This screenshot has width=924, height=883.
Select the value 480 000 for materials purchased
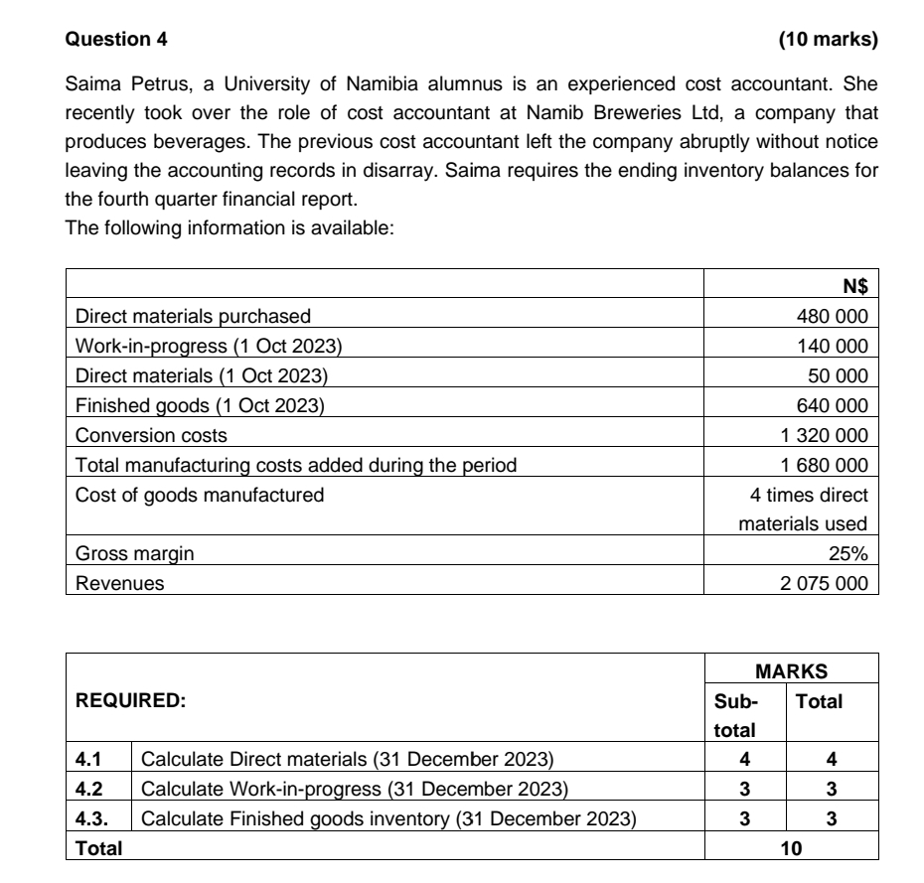(x=833, y=317)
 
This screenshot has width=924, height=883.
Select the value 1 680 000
(x=826, y=464)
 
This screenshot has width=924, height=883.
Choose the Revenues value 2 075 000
(x=826, y=583)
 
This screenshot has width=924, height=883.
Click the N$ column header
(x=854, y=288)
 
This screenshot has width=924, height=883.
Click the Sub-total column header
(x=733, y=715)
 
